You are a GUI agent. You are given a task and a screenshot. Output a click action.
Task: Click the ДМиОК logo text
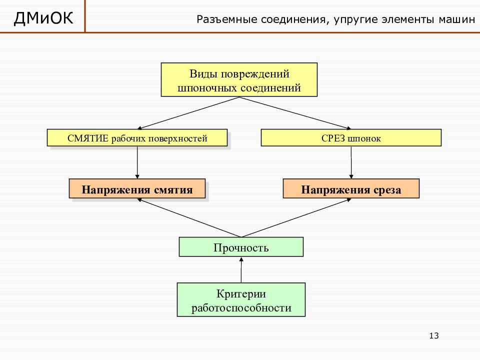click(x=43, y=18)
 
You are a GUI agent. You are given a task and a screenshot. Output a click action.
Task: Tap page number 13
click(x=434, y=336)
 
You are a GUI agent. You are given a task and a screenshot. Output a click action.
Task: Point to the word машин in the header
click(x=456, y=19)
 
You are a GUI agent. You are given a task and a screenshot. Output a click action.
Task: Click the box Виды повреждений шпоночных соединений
click(x=239, y=80)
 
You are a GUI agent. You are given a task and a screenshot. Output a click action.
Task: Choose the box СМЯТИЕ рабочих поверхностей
click(x=137, y=138)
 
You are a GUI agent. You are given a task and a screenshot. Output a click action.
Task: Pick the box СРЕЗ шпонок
click(x=351, y=138)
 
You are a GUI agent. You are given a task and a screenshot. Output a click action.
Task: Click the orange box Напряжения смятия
click(x=137, y=188)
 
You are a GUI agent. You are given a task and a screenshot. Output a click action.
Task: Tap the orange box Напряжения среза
click(x=351, y=188)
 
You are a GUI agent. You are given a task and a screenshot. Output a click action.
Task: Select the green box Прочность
click(x=241, y=246)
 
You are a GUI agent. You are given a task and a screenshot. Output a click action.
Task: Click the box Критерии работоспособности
click(x=241, y=299)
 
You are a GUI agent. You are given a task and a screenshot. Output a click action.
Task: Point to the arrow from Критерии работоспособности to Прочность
click(x=241, y=269)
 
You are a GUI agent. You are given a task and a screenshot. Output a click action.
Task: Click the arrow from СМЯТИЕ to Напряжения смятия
click(x=137, y=162)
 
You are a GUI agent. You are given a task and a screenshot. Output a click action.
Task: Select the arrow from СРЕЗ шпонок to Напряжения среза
click(x=351, y=162)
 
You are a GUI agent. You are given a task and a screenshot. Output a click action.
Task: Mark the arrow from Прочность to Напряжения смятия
click(x=189, y=217)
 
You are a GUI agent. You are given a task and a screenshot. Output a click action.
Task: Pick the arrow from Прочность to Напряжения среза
click(x=296, y=217)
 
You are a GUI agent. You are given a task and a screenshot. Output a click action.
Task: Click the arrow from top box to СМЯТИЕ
click(x=188, y=113)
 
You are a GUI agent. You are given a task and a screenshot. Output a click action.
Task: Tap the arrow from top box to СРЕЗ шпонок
click(x=295, y=113)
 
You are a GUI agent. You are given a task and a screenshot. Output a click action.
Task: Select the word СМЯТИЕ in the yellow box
click(x=88, y=138)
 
